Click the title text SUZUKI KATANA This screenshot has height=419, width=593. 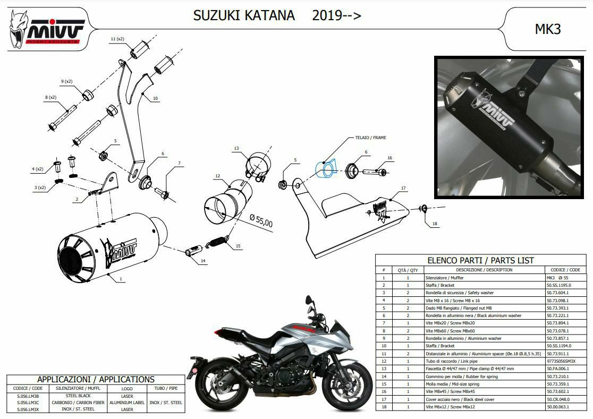(244, 15)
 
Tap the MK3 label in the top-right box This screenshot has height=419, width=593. (547, 29)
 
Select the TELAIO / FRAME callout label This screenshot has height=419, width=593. (371, 138)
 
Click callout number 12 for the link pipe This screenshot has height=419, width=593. (218, 175)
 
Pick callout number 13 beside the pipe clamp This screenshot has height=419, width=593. (236, 148)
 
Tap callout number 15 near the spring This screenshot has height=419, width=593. (238, 246)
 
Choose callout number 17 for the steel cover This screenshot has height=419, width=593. (403, 188)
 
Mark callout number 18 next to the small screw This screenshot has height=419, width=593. (435, 224)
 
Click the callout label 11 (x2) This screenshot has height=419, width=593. (117, 39)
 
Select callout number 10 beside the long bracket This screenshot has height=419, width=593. (155, 98)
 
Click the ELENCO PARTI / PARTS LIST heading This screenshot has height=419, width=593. (480, 260)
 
